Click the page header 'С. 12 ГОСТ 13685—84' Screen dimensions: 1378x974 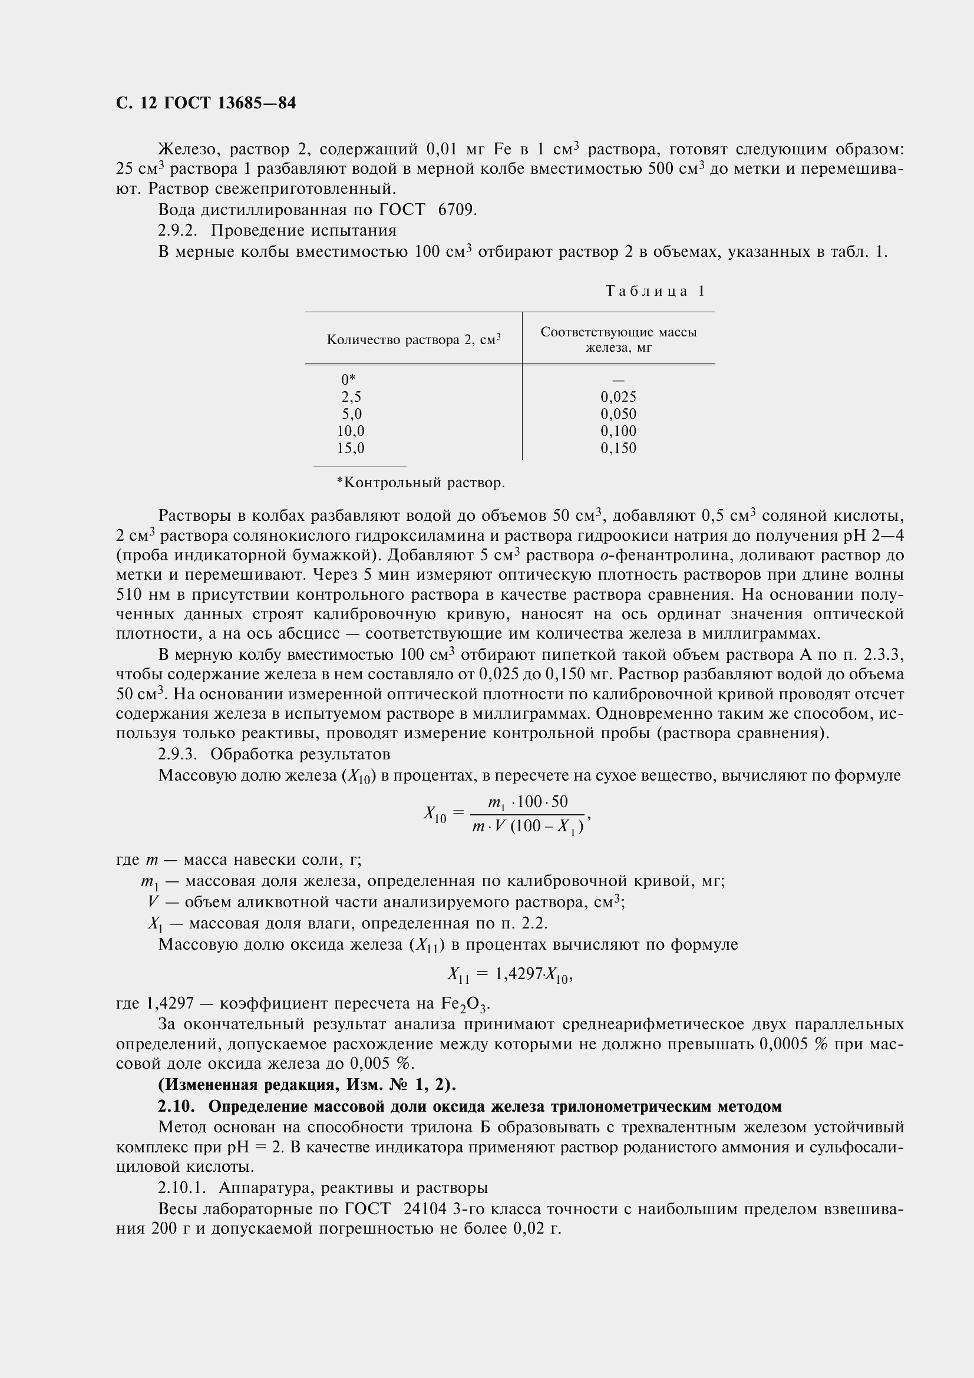pyautogui.click(x=205, y=103)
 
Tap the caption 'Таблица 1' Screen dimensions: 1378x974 pyautogui.click(x=655, y=291)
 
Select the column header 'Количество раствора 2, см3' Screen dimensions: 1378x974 pyautogui.click(x=414, y=340)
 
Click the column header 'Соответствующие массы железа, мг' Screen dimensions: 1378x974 pyautogui.click(x=618, y=340)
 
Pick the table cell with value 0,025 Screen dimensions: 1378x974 pyautogui.click(x=618, y=396)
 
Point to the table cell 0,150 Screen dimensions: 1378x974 pyautogui.click(x=618, y=448)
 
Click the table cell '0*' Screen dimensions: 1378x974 pyautogui.click(x=348, y=379)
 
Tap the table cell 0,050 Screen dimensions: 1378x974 pyautogui.click(x=618, y=414)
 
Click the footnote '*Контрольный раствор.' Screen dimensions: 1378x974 pyautogui.click(x=421, y=483)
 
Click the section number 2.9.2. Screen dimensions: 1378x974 pyautogui.click(x=177, y=230)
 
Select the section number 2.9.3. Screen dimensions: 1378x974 pyautogui.click(x=177, y=754)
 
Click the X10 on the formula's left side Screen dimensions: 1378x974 pyautogui.click(x=434, y=814)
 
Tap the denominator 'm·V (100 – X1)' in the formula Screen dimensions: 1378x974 pyautogui.click(x=528, y=827)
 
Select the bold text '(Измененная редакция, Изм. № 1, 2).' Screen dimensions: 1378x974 pyautogui.click(x=307, y=1085)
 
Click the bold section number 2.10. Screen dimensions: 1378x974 pyautogui.click(x=176, y=1106)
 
